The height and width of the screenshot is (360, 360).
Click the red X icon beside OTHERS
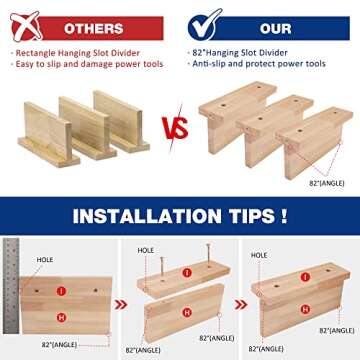pos(25,26)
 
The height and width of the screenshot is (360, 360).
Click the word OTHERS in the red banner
pos(94,29)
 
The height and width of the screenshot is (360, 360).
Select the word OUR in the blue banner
pos(276,29)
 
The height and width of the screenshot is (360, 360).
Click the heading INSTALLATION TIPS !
pos(180,216)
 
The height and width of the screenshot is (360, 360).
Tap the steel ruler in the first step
pos(11,286)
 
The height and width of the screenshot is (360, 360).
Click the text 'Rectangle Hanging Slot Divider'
pos(78,53)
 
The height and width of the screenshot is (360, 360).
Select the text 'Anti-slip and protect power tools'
pos(259,64)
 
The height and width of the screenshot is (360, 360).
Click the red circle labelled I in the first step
pos(61,291)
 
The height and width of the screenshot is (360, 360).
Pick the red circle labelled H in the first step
pos(61,317)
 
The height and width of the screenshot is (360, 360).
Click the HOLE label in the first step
pos(45,260)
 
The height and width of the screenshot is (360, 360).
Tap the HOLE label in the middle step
pos(146,250)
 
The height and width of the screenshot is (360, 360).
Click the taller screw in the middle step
pos(209,255)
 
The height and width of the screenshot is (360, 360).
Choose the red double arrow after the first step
pos(121,305)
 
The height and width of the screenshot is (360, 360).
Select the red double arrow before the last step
pos(241,304)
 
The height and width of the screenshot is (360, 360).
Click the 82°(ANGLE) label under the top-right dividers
pos(326,183)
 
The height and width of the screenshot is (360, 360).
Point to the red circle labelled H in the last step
pos(305,309)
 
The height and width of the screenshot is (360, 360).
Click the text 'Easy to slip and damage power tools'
pos(89,64)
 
